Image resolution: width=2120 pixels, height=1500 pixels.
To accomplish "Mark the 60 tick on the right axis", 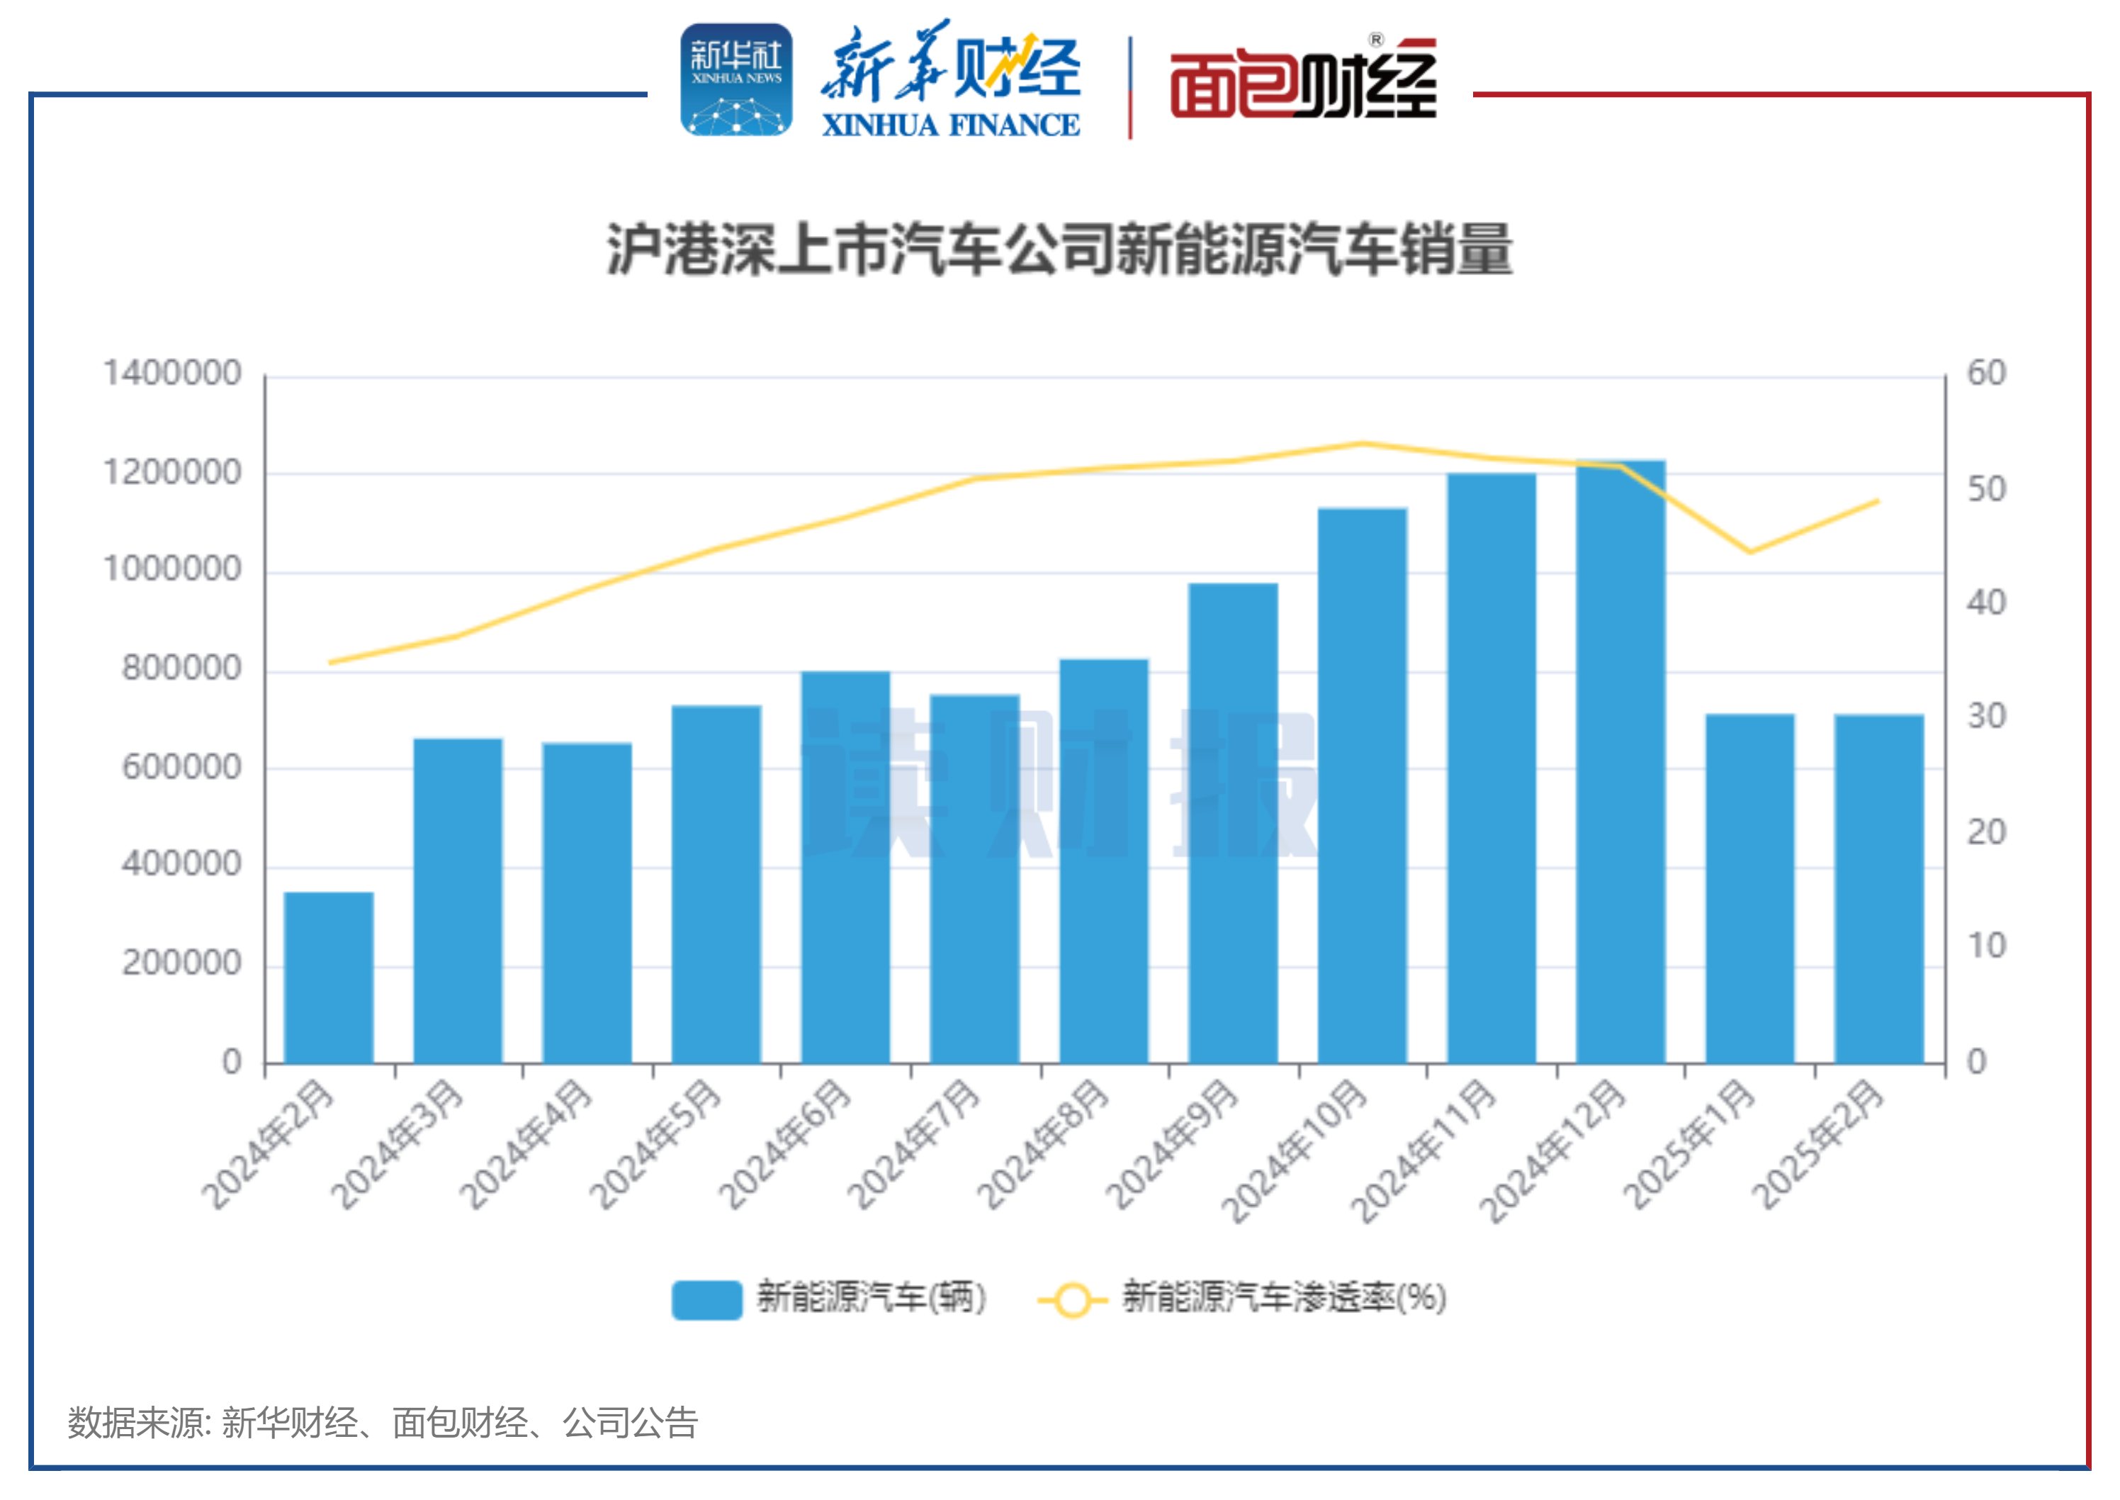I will tap(1986, 373).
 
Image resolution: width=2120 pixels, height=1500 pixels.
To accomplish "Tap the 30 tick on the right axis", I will tap(1986, 717).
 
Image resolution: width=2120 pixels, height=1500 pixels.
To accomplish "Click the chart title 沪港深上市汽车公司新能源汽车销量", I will tap(1059, 250).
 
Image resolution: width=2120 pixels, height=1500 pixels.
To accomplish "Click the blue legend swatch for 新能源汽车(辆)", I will tap(706, 1299).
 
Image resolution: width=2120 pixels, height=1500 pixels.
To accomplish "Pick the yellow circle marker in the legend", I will tap(1072, 1299).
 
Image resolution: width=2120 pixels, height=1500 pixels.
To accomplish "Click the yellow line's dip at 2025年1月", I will tap(1749, 552).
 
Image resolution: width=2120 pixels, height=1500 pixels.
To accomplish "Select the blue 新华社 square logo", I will tap(736, 79).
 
